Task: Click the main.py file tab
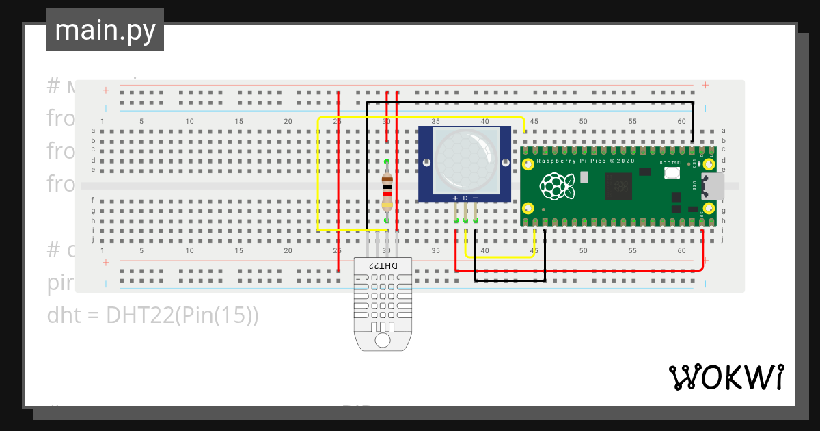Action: (x=105, y=30)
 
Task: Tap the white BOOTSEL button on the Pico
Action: (x=670, y=174)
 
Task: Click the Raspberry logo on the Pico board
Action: (x=554, y=185)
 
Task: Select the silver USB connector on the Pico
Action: (x=713, y=185)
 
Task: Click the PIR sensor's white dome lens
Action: (x=465, y=160)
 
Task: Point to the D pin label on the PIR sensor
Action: (x=465, y=198)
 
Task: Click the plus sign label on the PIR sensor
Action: (x=455, y=198)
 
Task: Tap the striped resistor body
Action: (x=387, y=191)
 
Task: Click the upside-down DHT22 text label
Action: (x=383, y=265)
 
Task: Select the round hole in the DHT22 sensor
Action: (x=383, y=339)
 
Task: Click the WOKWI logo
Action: (x=726, y=377)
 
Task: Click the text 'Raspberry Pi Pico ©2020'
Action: (x=586, y=161)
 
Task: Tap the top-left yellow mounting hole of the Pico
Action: (x=528, y=164)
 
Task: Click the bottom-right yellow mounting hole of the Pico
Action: (x=709, y=207)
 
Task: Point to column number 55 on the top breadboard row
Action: (x=633, y=121)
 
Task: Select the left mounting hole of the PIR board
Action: (x=427, y=163)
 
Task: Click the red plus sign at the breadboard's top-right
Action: (x=705, y=85)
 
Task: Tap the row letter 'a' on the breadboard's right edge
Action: (x=724, y=131)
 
